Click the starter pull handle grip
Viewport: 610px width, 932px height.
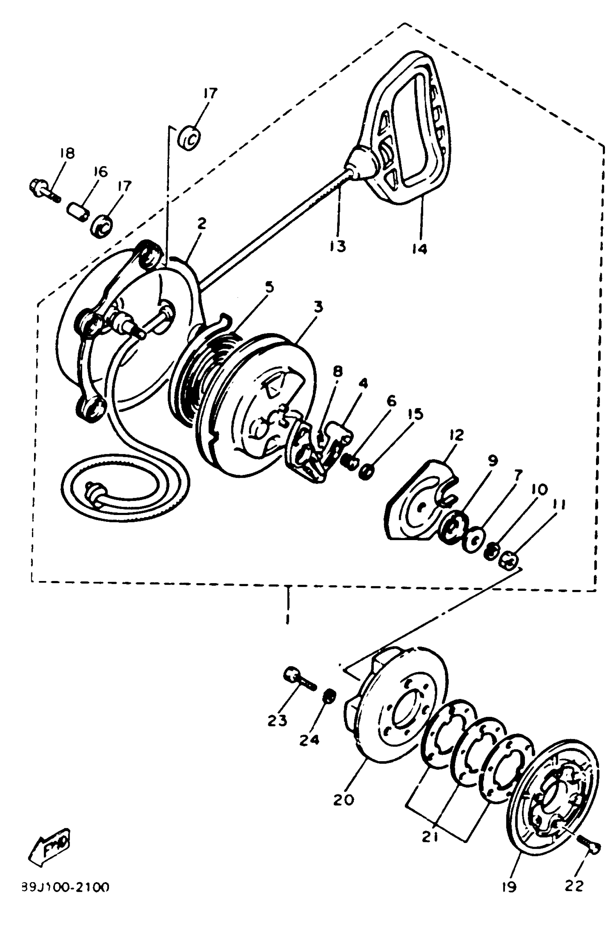(x=407, y=129)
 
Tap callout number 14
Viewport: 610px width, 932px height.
(x=420, y=248)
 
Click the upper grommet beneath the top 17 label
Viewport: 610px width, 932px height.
(x=189, y=138)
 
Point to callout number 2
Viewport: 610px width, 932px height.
(x=202, y=224)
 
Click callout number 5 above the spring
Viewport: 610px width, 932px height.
(x=269, y=287)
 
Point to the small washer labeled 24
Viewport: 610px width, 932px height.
(x=329, y=696)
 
